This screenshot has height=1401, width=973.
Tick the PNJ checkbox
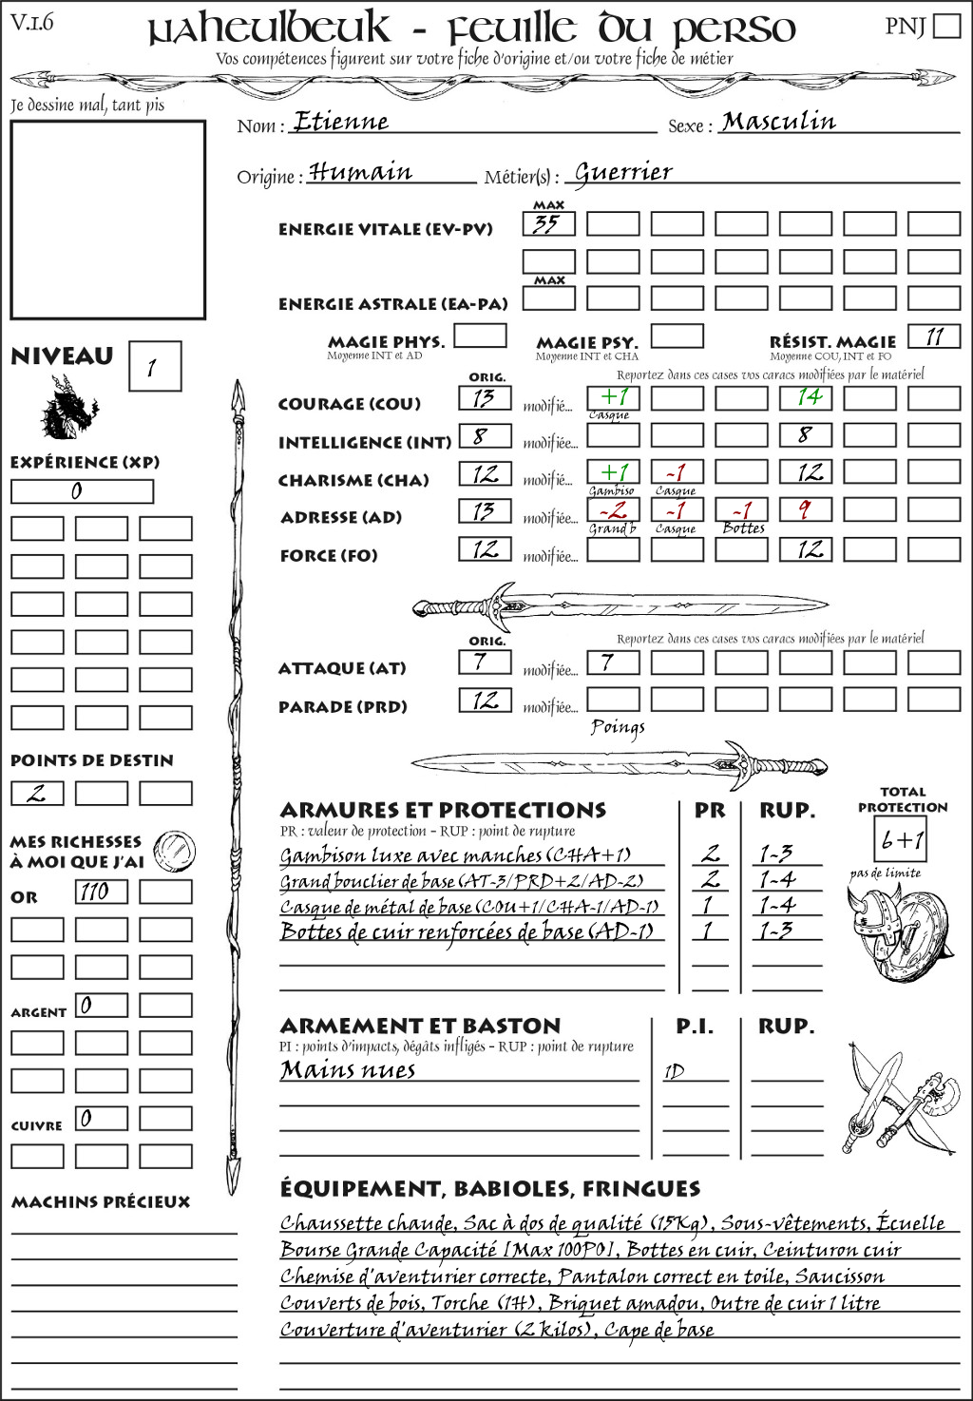pos(946,26)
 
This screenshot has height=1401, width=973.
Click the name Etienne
pos(341,122)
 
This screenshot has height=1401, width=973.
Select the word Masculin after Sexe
pos(778,122)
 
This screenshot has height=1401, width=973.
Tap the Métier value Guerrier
pos(623,172)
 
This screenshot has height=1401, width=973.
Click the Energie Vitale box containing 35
pos(548,224)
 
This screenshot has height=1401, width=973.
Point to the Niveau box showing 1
pos(154,367)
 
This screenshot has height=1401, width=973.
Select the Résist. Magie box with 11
pos(934,336)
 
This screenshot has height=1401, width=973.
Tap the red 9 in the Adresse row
pos(806,510)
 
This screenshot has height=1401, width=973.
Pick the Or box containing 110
pos(101,892)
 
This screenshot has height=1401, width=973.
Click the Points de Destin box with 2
pos(37,793)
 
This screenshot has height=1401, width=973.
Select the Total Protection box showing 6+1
pos(900,839)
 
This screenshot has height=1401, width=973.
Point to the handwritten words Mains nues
pos(348,1070)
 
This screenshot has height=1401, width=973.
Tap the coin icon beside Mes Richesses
pos(175,849)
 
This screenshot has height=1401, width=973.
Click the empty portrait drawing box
pos(107,220)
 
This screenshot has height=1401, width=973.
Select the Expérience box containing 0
pos(82,491)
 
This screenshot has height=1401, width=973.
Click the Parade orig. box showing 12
pos(485,700)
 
